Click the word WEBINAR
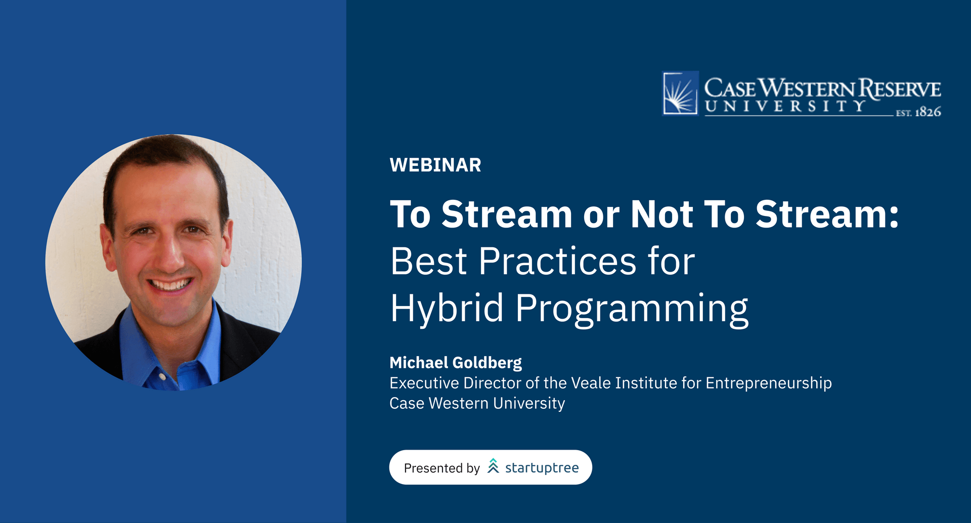click(x=435, y=165)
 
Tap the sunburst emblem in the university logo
click(x=681, y=94)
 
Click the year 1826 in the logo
click(x=928, y=112)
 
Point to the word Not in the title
click(x=661, y=214)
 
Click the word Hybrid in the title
click(x=447, y=308)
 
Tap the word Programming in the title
click(x=632, y=309)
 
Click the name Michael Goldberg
click(x=456, y=363)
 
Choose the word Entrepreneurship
click(x=769, y=383)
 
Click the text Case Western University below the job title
click(x=477, y=403)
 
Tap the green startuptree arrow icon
click(x=493, y=466)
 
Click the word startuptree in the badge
click(x=542, y=468)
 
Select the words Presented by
click(x=442, y=468)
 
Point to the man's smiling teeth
click(x=170, y=284)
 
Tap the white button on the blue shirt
click(x=162, y=377)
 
